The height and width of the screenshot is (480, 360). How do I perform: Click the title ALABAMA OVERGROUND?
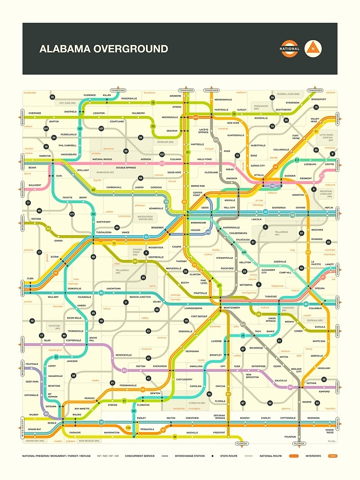point(104,49)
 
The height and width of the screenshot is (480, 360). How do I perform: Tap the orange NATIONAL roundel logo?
point(289,48)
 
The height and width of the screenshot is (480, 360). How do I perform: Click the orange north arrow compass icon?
point(313,48)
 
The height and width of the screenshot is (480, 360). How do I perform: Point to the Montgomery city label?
point(231,308)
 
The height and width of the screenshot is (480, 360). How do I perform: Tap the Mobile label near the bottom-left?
point(52,423)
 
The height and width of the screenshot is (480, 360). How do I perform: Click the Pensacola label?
point(147,429)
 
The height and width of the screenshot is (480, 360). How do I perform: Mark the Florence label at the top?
point(90,96)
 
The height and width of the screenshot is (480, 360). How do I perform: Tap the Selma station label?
point(156,301)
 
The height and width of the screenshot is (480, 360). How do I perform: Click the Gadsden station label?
point(290,176)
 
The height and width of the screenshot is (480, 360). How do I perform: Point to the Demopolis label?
point(74,288)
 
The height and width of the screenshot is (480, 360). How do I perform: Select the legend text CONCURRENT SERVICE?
point(140,456)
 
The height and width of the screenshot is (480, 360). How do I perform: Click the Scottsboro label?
point(283,109)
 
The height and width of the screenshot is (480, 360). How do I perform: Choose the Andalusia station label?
point(196,366)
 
